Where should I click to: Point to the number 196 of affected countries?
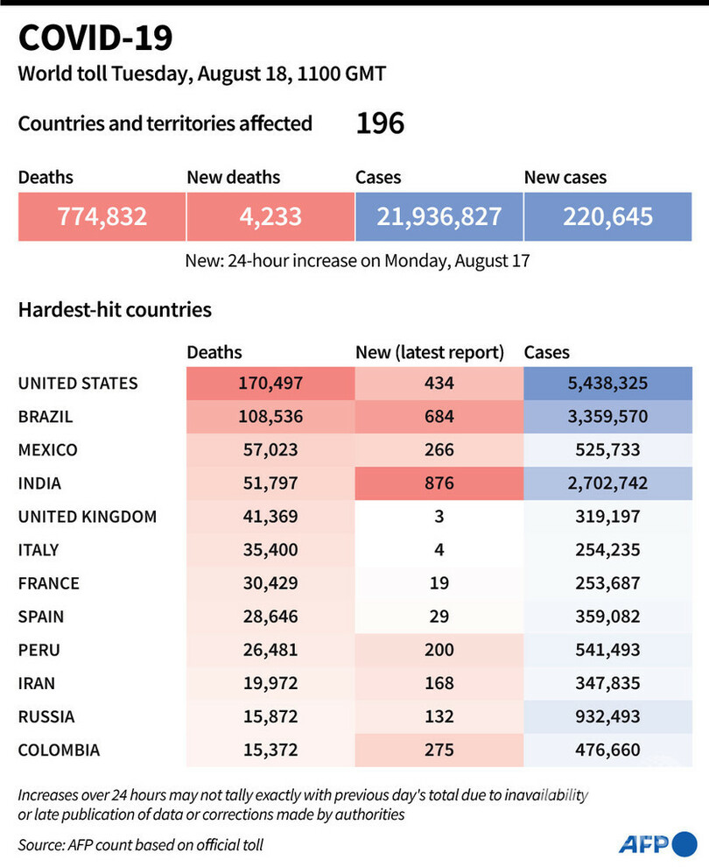[380, 123]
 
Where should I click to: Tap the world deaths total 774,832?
[102, 216]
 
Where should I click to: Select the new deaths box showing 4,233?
[270, 216]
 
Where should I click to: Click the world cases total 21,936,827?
[439, 216]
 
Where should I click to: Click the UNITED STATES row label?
[78, 383]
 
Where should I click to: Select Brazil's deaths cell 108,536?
[270, 416]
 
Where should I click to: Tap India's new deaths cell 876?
[439, 483]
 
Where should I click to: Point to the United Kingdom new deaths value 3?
[439, 516]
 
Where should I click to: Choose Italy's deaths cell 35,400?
[270, 549]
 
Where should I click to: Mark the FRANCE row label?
[49, 582]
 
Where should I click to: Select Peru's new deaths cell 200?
[439, 649]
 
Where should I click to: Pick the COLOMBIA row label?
[59, 750]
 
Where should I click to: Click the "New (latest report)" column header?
[430, 352]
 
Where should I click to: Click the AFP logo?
[656, 844]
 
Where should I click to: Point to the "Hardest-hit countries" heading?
[115, 309]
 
